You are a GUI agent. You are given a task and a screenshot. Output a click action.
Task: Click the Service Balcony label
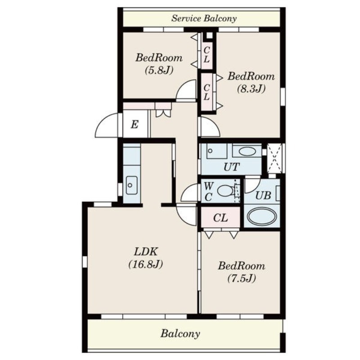pyautogui.click(x=204, y=18)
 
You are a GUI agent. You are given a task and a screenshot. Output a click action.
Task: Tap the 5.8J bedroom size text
pyautogui.click(x=159, y=70)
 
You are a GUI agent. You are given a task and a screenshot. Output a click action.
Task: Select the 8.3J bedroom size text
pyautogui.click(x=251, y=88)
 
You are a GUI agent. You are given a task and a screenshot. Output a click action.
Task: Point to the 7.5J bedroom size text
pyautogui.click(x=242, y=278)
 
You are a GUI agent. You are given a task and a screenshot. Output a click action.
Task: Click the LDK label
pyautogui.click(x=145, y=252)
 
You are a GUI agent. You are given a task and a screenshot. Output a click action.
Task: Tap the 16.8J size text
pyautogui.click(x=145, y=264)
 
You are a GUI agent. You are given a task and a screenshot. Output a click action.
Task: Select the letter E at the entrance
pyautogui.click(x=135, y=125)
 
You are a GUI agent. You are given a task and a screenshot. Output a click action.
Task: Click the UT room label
pyautogui.click(x=231, y=167)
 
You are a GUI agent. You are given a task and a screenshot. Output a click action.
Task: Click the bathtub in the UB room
pyautogui.click(x=262, y=216)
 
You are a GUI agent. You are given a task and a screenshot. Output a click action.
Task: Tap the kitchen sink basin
pyautogui.click(x=131, y=185)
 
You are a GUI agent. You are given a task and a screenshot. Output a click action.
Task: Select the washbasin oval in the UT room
pyautogui.click(x=247, y=152)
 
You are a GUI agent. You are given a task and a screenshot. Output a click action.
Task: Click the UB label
pyautogui.click(x=263, y=195)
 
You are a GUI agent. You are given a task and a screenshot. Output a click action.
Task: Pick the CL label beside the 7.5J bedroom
pyautogui.click(x=220, y=218)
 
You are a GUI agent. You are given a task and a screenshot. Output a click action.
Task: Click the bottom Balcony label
pyautogui.click(x=180, y=333)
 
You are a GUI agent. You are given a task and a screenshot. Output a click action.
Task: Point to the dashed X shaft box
pyautogui.click(x=275, y=158)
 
